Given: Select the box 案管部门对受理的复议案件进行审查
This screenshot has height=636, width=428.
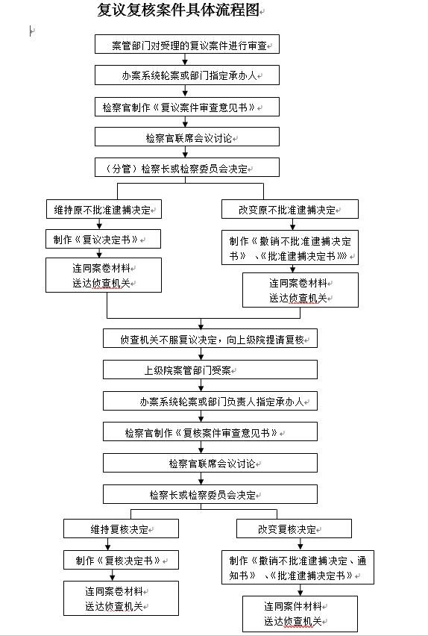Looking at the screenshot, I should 186,45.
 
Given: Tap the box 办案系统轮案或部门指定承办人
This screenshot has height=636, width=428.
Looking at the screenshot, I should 186,75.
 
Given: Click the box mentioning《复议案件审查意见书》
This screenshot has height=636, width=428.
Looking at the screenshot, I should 186,107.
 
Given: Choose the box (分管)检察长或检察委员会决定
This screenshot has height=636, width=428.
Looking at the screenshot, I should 186,167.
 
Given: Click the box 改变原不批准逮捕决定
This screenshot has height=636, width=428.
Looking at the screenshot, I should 290,209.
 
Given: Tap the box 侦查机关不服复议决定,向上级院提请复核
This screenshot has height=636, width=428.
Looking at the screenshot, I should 210,339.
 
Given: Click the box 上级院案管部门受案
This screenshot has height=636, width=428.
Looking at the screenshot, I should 210,370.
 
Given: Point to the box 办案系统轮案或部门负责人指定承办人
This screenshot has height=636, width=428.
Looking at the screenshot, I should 210,401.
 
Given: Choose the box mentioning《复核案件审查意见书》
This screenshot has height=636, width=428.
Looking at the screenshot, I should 210,431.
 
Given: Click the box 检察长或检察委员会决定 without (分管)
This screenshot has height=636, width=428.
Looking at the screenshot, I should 210,494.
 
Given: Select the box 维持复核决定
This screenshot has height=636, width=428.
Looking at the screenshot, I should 121,529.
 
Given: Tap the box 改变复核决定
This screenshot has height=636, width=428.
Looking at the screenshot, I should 294,529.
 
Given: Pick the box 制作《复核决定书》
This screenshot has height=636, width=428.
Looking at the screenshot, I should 121,560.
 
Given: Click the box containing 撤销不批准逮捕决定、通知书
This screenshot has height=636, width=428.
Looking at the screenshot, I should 298,567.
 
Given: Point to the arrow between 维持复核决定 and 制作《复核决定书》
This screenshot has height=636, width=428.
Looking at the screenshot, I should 121,544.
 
